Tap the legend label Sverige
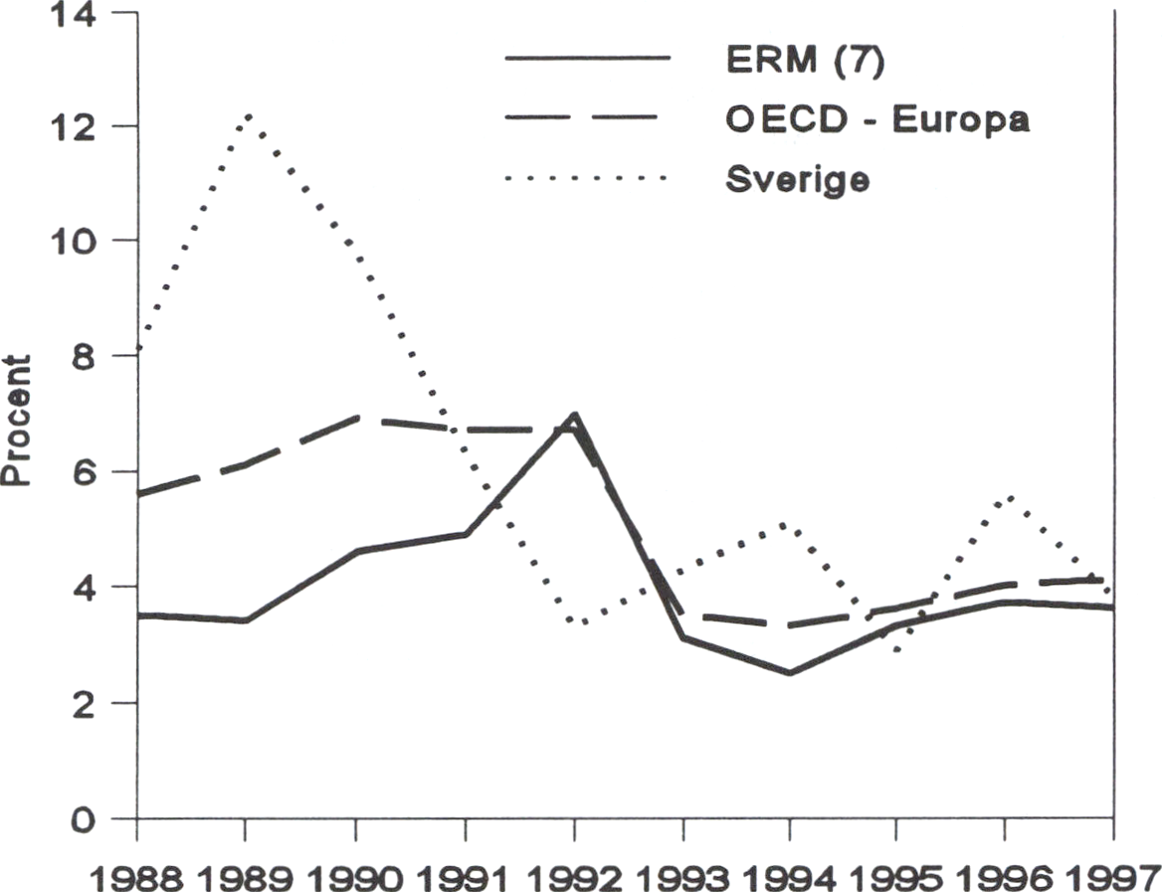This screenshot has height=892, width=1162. tap(795, 180)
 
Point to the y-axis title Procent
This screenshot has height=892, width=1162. tap(17, 421)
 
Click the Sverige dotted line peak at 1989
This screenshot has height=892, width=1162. tap(247, 115)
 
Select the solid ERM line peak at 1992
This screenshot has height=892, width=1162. tap(574, 415)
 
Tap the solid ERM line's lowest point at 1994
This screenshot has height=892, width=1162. tap(789, 673)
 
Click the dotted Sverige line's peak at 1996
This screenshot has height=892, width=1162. tap(1007, 496)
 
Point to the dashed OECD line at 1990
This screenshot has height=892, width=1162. tap(356, 419)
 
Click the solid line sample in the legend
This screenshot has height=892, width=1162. tap(587, 59)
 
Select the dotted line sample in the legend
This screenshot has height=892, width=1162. tap(587, 179)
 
